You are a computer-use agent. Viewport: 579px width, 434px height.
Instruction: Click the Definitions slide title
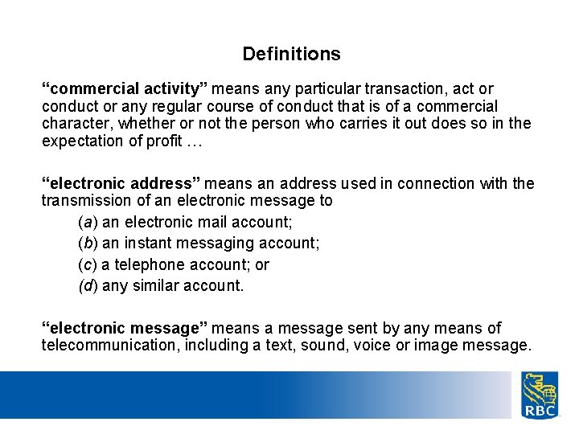[x=291, y=55]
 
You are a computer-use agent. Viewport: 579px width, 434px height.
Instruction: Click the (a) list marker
[x=88, y=222]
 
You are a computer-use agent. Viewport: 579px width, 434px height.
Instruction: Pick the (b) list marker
[x=88, y=243]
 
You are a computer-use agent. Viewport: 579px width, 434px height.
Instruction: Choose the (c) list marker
[x=88, y=264]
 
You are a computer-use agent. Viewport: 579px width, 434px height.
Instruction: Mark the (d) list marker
[x=88, y=285]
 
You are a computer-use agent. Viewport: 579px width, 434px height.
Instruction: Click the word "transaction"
[x=384, y=88]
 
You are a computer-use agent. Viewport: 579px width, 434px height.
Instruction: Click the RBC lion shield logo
[x=540, y=395]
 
